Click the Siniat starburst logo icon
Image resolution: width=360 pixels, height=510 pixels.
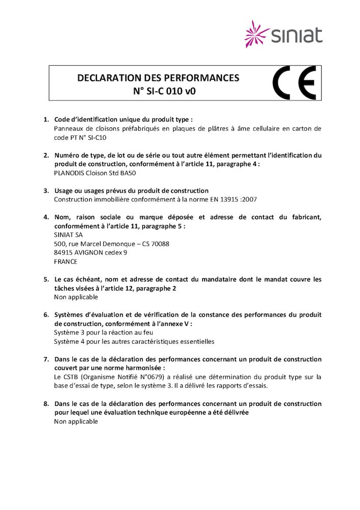click(256, 34)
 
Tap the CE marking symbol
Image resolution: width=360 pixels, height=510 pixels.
click(294, 83)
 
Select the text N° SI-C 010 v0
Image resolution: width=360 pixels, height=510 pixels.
click(158, 92)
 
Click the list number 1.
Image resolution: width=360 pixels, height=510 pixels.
click(45, 119)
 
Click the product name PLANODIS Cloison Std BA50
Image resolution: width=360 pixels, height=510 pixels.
click(95, 172)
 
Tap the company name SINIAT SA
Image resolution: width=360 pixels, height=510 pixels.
click(68, 235)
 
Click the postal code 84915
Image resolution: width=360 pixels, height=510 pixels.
click(64, 252)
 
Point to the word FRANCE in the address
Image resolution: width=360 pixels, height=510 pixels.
click(66, 261)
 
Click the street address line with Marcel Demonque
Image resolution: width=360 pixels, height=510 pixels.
click(111, 244)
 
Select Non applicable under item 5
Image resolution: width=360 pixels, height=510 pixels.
click(76, 297)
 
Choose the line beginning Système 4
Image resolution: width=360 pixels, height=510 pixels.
click(134, 341)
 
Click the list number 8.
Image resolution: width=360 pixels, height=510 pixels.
click(45, 403)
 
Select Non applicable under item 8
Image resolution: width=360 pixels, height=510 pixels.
click(76, 421)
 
